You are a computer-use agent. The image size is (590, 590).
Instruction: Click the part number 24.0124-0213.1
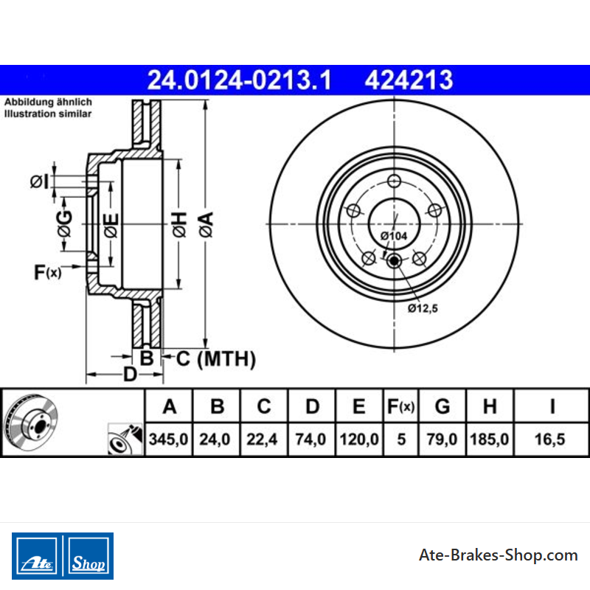pyautogui.click(x=239, y=80)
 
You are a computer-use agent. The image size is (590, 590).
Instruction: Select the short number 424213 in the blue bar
pyautogui.click(x=409, y=80)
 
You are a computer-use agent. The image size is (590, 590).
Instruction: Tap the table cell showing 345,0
pyautogui.click(x=168, y=439)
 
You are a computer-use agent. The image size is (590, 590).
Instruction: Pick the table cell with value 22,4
pyautogui.click(x=262, y=439)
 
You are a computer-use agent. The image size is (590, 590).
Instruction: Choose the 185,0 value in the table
pyautogui.click(x=489, y=439)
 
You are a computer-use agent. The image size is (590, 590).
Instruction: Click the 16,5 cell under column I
pyautogui.click(x=549, y=439)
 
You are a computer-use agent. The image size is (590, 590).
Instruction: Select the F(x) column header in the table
pyautogui.click(x=400, y=406)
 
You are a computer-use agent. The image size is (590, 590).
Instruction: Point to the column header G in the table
pyautogui.click(x=442, y=406)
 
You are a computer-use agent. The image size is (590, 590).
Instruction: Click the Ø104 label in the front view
pyautogui.click(x=394, y=236)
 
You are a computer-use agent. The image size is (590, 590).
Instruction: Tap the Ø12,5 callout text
pyautogui.click(x=423, y=308)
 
